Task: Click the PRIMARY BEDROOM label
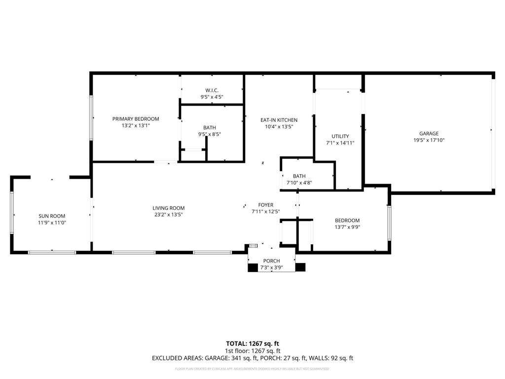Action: click(x=136, y=119)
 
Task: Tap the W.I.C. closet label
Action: click(x=212, y=90)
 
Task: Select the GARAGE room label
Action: click(x=429, y=133)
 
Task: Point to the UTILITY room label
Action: click(x=340, y=136)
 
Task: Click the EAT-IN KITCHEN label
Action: click(x=279, y=120)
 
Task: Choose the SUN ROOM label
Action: click(x=52, y=216)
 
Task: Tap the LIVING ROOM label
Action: click(x=168, y=208)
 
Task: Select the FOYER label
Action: click(x=265, y=205)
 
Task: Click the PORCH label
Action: click(x=271, y=261)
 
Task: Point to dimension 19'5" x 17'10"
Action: click(x=429, y=140)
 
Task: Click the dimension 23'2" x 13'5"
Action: click(x=168, y=215)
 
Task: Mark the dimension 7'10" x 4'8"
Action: click(x=299, y=183)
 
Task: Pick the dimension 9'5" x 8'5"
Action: click(x=210, y=134)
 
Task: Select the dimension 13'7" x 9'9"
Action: click(x=347, y=227)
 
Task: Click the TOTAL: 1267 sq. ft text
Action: click(x=252, y=343)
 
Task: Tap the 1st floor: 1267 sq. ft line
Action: click(x=252, y=351)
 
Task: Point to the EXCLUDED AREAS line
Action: click(x=252, y=358)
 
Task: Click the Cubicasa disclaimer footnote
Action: click(x=252, y=369)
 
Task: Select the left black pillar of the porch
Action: click(x=252, y=267)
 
